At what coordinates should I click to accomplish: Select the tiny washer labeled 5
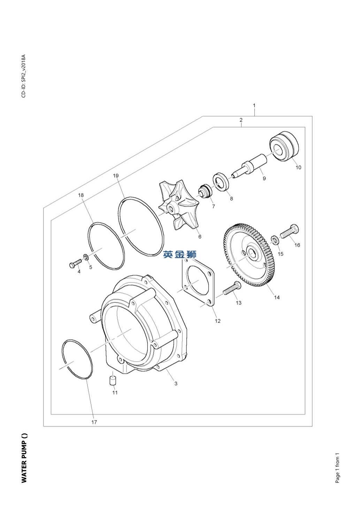pyautogui.click(x=85, y=258)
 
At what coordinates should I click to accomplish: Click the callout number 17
pyautogui.click(x=94, y=422)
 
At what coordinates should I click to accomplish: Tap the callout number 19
pyautogui.click(x=116, y=176)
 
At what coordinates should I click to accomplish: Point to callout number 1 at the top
pyautogui.click(x=254, y=105)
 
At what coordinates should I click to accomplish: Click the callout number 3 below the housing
pyautogui.click(x=176, y=384)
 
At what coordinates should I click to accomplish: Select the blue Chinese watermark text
pyautogui.click(x=180, y=254)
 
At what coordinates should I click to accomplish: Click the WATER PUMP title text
pyautogui.click(x=24, y=458)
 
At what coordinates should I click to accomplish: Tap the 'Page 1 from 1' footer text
pyautogui.click(x=337, y=468)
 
